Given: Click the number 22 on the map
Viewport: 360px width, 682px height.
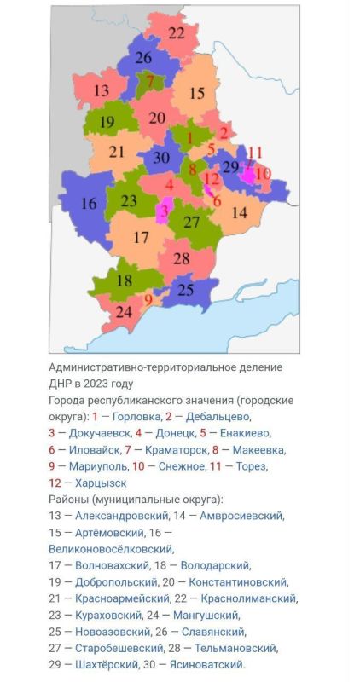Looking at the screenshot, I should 176,34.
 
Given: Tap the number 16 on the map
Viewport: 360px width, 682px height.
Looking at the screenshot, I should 90,204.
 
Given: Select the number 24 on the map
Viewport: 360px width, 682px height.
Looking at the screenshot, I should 124,312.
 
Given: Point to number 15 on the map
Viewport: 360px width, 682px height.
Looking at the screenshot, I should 196,94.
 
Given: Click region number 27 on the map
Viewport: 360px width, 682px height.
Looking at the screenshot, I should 192,223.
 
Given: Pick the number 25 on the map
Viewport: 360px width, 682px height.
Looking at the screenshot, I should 185,290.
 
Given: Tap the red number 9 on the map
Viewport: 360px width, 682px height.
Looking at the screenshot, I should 148,299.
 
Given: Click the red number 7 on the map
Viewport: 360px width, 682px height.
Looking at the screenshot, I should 150,83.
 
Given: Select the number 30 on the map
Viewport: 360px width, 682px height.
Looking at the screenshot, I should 161,157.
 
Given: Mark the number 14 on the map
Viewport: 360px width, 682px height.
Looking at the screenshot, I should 240,212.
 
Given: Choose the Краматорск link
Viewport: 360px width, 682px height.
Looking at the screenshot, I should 171,449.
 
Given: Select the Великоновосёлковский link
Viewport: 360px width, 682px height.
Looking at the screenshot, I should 103,549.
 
